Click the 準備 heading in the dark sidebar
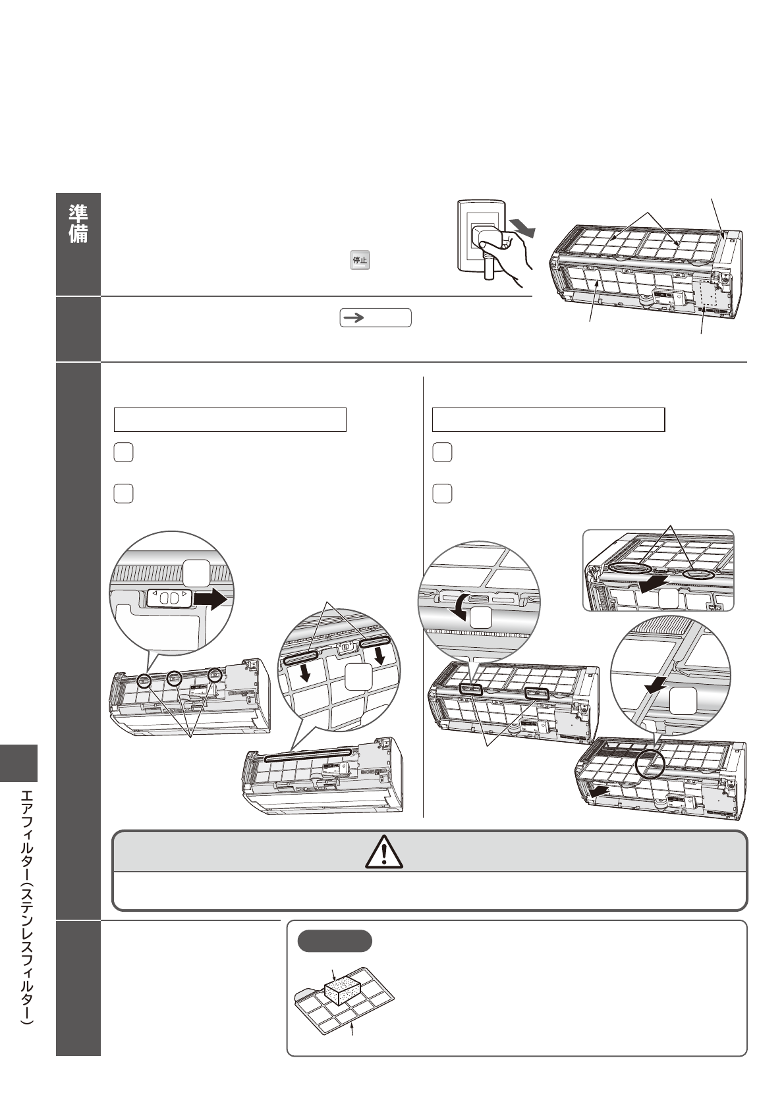point(78,224)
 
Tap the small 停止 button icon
point(360,260)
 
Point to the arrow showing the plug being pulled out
point(522,228)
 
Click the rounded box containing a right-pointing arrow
point(375,318)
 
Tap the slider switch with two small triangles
point(170,598)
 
